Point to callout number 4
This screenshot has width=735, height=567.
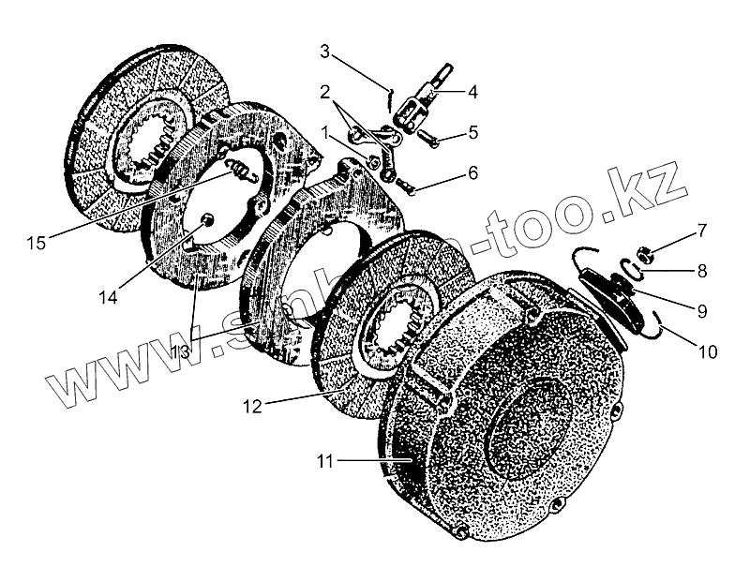[x=472, y=92]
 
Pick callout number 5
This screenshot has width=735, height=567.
[x=472, y=132]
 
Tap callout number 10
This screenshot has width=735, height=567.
[x=707, y=352]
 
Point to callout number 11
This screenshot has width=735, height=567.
[x=325, y=460]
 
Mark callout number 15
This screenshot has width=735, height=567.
[x=36, y=243]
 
